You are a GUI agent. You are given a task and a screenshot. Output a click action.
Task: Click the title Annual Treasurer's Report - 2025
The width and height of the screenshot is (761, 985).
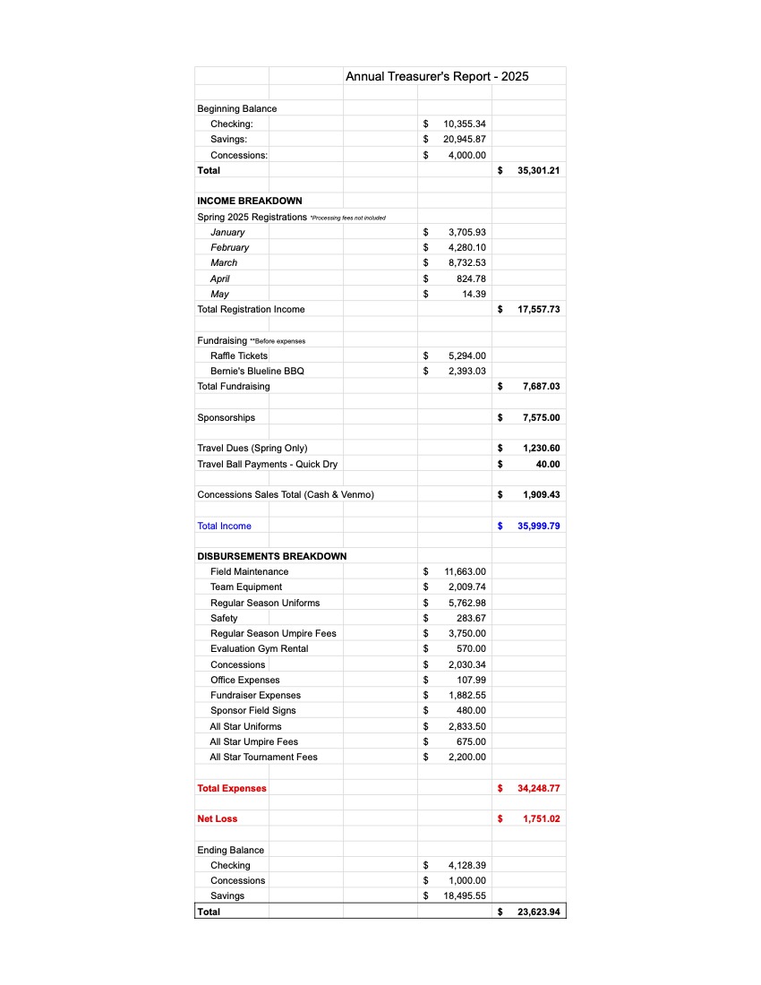coord(437,76)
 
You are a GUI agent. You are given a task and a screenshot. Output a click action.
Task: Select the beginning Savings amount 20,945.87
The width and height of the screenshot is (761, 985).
coord(464,140)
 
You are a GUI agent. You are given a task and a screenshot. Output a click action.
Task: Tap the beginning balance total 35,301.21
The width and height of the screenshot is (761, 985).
coord(538,170)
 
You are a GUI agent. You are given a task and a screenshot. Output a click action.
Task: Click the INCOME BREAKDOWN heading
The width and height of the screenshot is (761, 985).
coord(250,201)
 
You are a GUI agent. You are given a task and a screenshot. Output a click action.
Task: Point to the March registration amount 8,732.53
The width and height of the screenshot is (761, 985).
coord(466,263)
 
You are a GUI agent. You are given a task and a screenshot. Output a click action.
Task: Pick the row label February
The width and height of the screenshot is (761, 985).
coord(230,247)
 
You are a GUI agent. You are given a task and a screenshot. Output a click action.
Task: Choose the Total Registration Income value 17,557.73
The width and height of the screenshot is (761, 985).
coord(538,310)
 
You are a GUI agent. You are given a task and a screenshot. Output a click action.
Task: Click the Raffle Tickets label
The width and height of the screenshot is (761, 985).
coord(239,355)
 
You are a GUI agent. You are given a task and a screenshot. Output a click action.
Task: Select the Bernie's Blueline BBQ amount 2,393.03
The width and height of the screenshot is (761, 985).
coord(466,372)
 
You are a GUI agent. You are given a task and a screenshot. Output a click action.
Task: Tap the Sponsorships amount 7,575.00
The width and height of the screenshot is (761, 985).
coord(541,418)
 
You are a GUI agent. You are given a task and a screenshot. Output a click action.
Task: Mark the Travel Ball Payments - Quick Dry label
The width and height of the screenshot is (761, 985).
coord(268,464)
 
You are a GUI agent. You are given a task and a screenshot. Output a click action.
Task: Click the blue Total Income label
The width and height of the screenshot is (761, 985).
coord(224,527)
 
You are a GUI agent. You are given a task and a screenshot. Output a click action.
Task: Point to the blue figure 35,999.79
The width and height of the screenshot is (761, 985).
coord(538,527)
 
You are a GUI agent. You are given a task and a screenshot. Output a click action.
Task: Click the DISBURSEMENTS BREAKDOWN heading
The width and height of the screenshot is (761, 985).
coord(271,556)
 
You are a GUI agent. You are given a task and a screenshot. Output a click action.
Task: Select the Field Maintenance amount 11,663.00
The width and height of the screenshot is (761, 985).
coord(465,571)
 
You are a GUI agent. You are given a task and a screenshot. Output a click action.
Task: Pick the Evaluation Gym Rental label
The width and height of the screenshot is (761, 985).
coord(259,648)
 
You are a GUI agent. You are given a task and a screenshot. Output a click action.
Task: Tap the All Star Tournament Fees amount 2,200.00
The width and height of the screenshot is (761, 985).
coord(466,758)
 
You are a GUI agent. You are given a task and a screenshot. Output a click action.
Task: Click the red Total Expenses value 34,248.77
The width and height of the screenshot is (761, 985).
coord(538,789)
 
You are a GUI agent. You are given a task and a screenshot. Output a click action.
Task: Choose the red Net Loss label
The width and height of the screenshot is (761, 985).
coord(218,818)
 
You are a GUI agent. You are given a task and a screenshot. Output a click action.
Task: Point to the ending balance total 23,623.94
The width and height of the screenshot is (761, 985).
coord(538,912)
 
